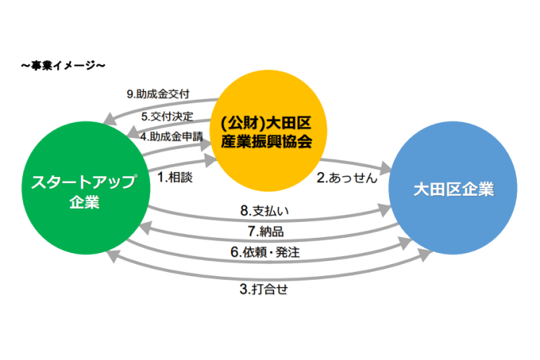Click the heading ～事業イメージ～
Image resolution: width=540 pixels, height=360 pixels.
click(x=64, y=66)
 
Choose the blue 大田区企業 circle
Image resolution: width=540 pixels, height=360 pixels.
click(x=453, y=190)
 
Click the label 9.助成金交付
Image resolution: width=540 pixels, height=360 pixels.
click(x=158, y=93)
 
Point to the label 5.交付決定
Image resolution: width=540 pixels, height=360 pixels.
click(x=166, y=116)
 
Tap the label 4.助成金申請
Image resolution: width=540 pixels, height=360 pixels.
click(x=172, y=134)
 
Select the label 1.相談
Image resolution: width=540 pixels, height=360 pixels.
click(x=175, y=177)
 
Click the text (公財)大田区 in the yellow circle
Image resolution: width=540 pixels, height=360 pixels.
click(x=269, y=120)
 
